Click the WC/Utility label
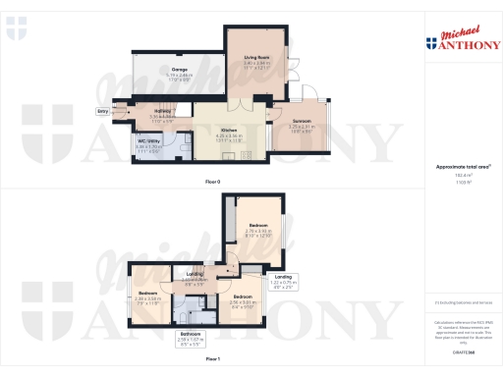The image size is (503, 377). [147, 144]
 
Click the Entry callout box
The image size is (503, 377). [102, 112]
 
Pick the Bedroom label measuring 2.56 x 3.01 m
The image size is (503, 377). [242, 299]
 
